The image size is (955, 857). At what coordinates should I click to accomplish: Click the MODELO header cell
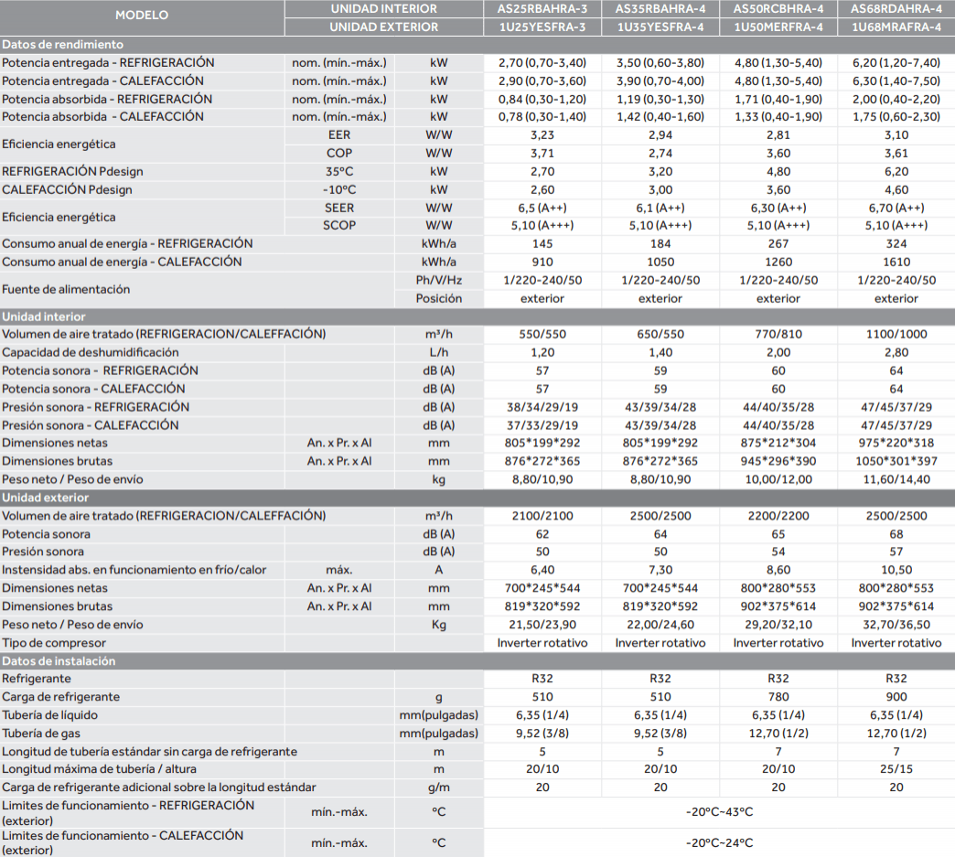pos(142,16)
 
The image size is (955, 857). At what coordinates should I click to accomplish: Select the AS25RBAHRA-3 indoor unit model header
pos(542,9)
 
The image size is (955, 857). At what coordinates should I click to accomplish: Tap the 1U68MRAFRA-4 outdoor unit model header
pos(896,27)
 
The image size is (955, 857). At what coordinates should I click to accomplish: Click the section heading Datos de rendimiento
pos(63,45)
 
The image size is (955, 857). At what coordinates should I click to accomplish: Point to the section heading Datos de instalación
pos(59,661)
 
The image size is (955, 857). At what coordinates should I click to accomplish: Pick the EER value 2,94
pos(660,135)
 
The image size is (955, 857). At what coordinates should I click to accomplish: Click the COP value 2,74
pos(660,154)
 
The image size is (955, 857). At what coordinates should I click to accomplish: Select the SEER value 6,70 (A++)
pos(896,208)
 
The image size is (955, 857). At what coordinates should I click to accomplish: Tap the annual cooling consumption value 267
pos(778,243)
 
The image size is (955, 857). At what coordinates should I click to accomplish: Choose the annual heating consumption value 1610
pos(896,262)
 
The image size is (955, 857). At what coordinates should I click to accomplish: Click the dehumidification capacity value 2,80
pos(896,353)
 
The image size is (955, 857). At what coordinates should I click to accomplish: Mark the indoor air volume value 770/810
pos(778,335)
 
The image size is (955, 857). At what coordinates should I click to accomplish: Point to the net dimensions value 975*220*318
pos(896,443)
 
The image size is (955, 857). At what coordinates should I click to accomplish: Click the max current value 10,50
pos(896,570)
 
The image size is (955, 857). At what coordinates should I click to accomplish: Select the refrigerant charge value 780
pos(778,697)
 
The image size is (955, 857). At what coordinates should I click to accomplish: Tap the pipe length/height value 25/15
pos(896,769)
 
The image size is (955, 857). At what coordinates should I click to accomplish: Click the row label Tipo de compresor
pos(54,643)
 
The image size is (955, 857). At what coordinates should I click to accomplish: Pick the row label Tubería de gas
pos(41,734)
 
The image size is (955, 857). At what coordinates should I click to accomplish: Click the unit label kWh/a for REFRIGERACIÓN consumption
pos(438,243)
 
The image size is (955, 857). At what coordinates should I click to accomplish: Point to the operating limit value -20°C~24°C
pos(719,843)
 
